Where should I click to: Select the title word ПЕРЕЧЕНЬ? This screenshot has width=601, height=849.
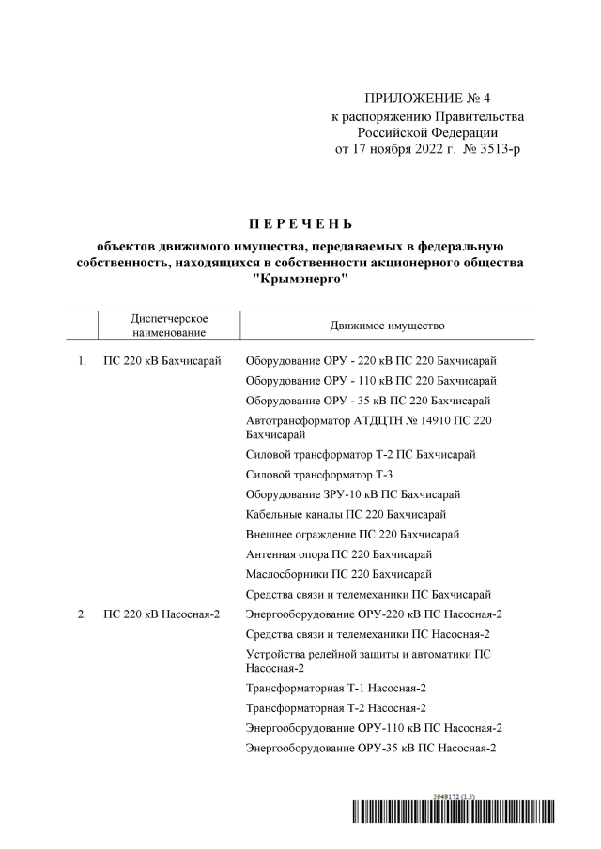click(x=300, y=224)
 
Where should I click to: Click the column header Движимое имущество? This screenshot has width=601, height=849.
click(x=387, y=326)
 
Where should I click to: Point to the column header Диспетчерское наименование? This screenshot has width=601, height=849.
click(x=169, y=326)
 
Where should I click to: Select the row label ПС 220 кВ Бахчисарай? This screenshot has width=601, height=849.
click(x=162, y=361)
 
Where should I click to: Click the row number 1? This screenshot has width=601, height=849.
click(x=83, y=361)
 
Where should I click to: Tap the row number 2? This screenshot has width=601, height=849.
click(x=83, y=614)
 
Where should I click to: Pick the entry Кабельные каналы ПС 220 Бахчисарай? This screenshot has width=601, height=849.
click(x=345, y=514)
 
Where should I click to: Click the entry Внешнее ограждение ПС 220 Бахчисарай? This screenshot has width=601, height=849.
click(x=352, y=534)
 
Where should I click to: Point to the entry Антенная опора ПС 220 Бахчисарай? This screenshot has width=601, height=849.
click(x=344, y=553)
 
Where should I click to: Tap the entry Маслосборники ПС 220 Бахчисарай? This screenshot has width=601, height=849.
click(x=338, y=573)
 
